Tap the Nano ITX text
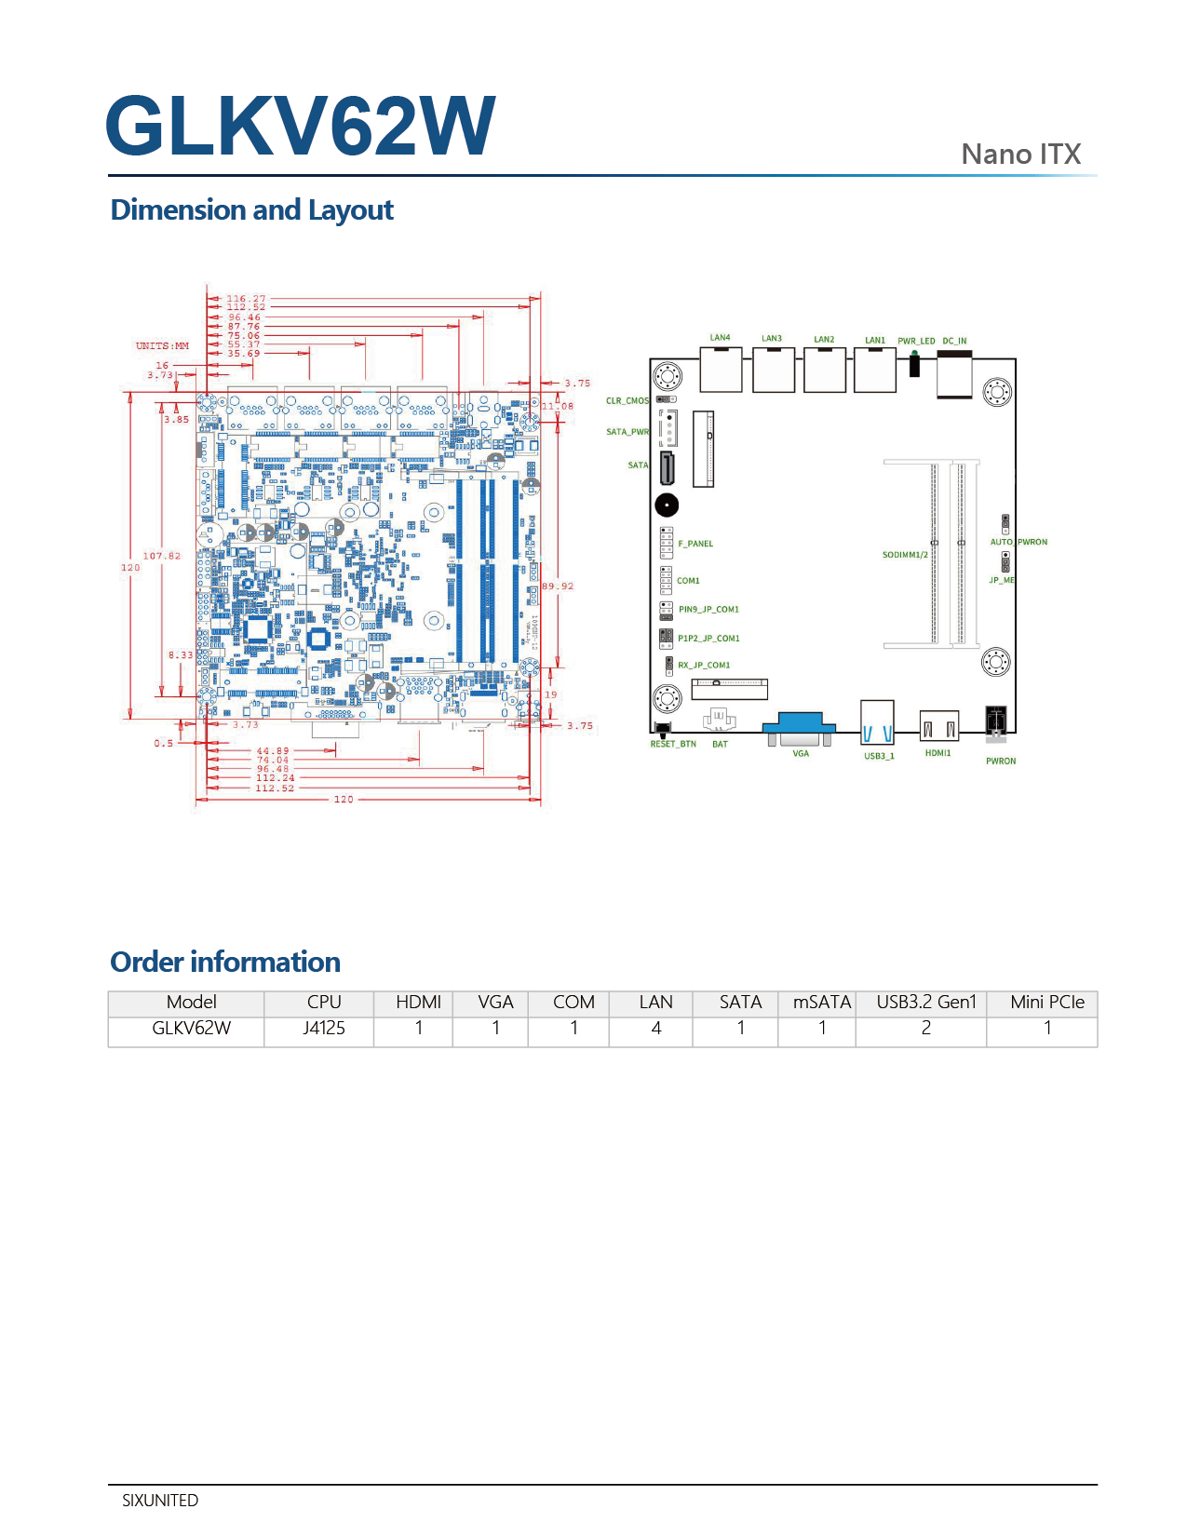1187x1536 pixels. click(x=1020, y=154)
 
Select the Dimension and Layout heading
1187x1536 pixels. click(x=251, y=210)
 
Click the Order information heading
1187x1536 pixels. click(x=225, y=962)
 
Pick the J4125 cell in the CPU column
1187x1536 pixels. click(x=324, y=1028)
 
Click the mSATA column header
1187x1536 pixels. click(x=821, y=1003)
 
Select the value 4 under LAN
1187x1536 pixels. click(x=656, y=1028)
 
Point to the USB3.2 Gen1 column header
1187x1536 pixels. click(x=925, y=1003)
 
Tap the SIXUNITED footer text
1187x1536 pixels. click(x=160, y=1500)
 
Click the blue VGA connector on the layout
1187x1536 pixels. click(x=800, y=725)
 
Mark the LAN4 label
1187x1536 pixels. click(x=720, y=338)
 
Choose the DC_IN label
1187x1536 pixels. click(x=954, y=341)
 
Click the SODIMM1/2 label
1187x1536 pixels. click(x=905, y=555)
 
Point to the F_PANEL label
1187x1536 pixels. click(x=695, y=544)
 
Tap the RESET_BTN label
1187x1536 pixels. click(x=673, y=745)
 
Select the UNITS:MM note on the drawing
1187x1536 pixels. click(x=162, y=345)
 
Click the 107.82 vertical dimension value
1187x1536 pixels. click(x=162, y=556)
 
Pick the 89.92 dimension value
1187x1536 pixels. click(x=558, y=586)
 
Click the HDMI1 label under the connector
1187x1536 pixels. click(x=937, y=753)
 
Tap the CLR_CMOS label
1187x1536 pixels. click(x=627, y=401)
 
